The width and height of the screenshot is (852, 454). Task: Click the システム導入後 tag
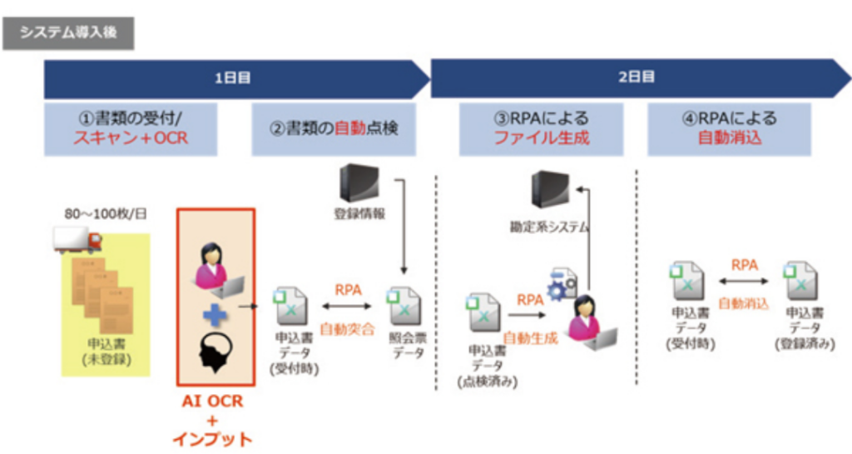click(x=68, y=33)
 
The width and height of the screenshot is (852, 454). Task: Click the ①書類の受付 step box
click(x=130, y=128)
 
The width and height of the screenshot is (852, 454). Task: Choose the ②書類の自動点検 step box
click(x=334, y=128)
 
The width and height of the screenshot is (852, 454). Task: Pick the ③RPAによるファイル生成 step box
click(x=542, y=128)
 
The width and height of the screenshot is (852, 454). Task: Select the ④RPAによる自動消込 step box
click(x=730, y=128)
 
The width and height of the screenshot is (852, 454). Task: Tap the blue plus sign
click(x=215, y=316)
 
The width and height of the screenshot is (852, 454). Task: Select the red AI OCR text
click(x=214, y=402)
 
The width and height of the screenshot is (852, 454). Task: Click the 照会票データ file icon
click(x=404, y=305)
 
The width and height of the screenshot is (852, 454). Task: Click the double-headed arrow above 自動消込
click(x=743, y=283)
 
